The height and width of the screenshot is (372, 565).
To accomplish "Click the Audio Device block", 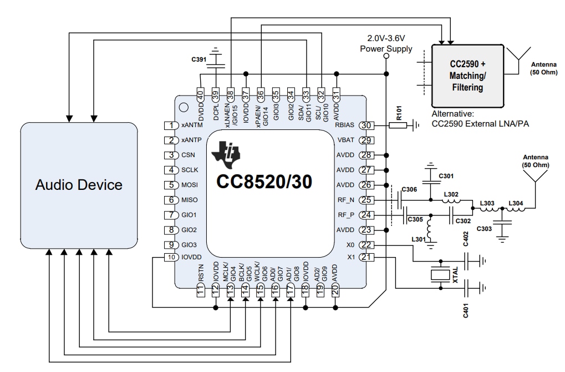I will pyautogui.click(x=79, y=185).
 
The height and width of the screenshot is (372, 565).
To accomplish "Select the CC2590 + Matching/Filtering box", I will pyautogui.click(x=467, y=76).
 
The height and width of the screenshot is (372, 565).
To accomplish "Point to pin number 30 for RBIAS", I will pyautogui.click(x=365, y=125).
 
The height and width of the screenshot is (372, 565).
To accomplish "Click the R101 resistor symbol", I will pyautogui.click(x=397, y=125).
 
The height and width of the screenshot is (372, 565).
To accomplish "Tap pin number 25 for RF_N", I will pyautogui.click(x=365, y=200).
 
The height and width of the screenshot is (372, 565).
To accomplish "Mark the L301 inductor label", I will pyautogui.click(x=418, y=239).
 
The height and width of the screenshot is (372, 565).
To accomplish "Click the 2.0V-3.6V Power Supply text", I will pyautogui.click(x=386, y=44).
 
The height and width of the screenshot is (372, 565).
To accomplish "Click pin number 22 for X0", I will pyautogui.click(x=365, y=245).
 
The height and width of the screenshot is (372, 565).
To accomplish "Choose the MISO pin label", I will pyautogui.click(x=190, y=200).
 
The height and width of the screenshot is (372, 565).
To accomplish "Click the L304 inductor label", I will pyautogui.click(x=516, y=203).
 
